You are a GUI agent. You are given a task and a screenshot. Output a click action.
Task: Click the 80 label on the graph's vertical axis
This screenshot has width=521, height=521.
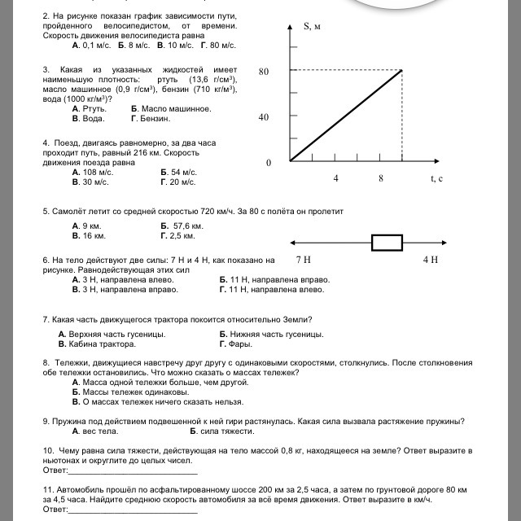pos(264,72)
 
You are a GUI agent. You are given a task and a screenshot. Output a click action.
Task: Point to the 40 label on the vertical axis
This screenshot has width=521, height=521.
pos(264,117)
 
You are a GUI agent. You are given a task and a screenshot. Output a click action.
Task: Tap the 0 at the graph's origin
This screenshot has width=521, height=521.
pos(268,164)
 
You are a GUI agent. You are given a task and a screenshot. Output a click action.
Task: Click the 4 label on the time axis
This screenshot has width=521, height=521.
pos(335,177)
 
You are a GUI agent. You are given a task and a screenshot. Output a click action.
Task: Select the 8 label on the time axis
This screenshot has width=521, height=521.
pos(380,177)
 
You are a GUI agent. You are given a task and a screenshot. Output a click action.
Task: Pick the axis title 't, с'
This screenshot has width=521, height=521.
pos(436,178)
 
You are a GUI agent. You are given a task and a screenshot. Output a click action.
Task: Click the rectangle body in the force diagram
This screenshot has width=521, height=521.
pos(387,242)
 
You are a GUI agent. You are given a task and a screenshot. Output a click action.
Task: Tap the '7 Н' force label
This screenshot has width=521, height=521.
pos(303,260)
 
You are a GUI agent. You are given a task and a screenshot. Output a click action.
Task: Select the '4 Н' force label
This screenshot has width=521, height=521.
pos(431,260)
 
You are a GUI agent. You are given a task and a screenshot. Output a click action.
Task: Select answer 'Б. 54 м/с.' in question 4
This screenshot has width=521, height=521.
pos(179,172)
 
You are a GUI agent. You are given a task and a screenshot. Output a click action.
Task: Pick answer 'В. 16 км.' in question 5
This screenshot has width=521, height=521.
pos(89,235)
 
